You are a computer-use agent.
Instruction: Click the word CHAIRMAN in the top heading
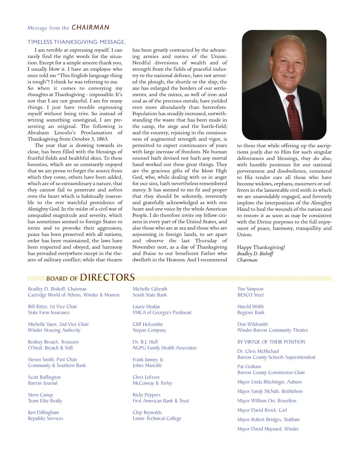point(90,27)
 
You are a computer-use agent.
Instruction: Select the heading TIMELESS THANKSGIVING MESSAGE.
point(76,42)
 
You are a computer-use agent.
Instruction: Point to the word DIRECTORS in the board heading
point(107,277)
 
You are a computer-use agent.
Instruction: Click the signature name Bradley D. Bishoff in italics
point(255,254)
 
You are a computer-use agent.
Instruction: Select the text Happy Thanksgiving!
point(261,247)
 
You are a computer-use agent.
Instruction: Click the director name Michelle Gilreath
point(150,289)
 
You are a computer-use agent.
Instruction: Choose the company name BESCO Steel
point(250,295)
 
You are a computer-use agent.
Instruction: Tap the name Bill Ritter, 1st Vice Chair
point(52,306)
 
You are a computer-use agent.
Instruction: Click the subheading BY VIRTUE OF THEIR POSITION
point(271,341)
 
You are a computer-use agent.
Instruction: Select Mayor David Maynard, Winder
point(268,429)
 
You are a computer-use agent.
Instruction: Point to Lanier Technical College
point(157,418)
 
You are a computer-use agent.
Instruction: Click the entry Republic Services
point(45,418)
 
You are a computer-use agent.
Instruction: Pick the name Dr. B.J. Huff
point(145,341)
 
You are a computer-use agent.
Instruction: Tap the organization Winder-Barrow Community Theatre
point(272,330)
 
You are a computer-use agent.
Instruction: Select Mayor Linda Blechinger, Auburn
point(269,382)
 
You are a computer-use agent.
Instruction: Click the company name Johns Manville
point(147,365)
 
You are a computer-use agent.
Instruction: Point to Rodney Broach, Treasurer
point(53,341)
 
